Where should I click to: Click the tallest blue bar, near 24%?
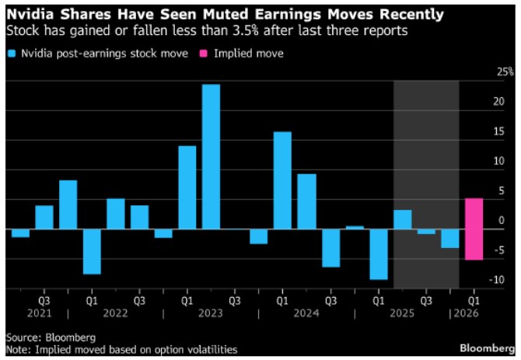pos(211,156)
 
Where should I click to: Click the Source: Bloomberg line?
pos(51,338)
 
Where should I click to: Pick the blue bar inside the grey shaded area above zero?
pos(402,220)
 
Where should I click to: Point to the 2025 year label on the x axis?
pos(402,314)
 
